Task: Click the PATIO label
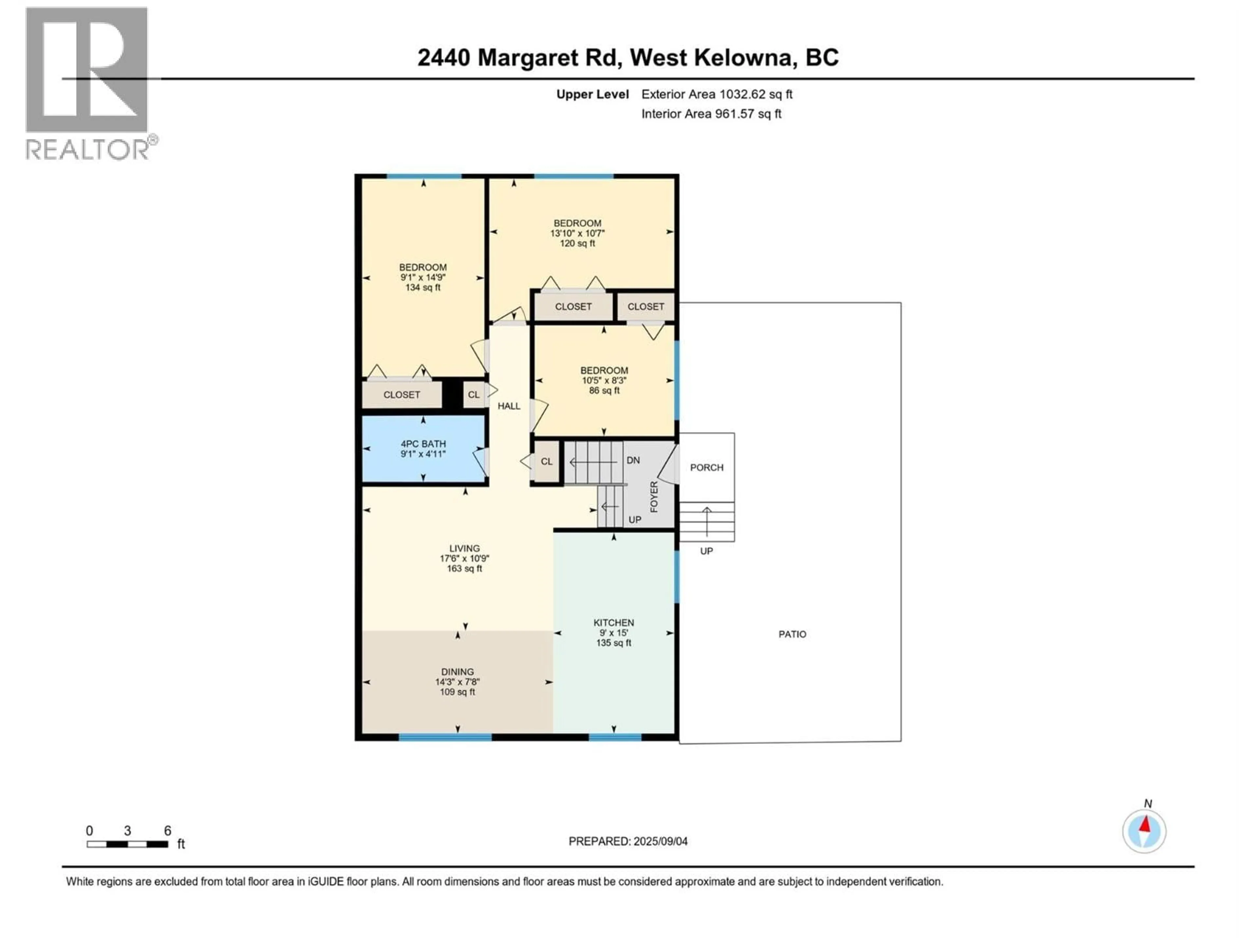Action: tap(792, 634)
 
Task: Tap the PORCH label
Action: tap(706, 467)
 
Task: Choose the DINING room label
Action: tap(457, 671)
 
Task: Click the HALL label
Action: tap(509, 406)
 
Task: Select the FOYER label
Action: tap(653, 496)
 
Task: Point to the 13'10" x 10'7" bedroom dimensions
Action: tap(577, 233)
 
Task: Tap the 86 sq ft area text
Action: tap(604, 391)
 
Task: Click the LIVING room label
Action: tap(464, 548)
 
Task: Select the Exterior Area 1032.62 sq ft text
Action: tap(717, 94)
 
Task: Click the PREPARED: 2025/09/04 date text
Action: tap(628, 841)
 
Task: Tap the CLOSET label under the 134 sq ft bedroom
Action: tap(402, 395)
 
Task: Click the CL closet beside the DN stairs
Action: tap(546, 462)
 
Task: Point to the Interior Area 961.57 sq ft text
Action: tap(711, 114)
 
